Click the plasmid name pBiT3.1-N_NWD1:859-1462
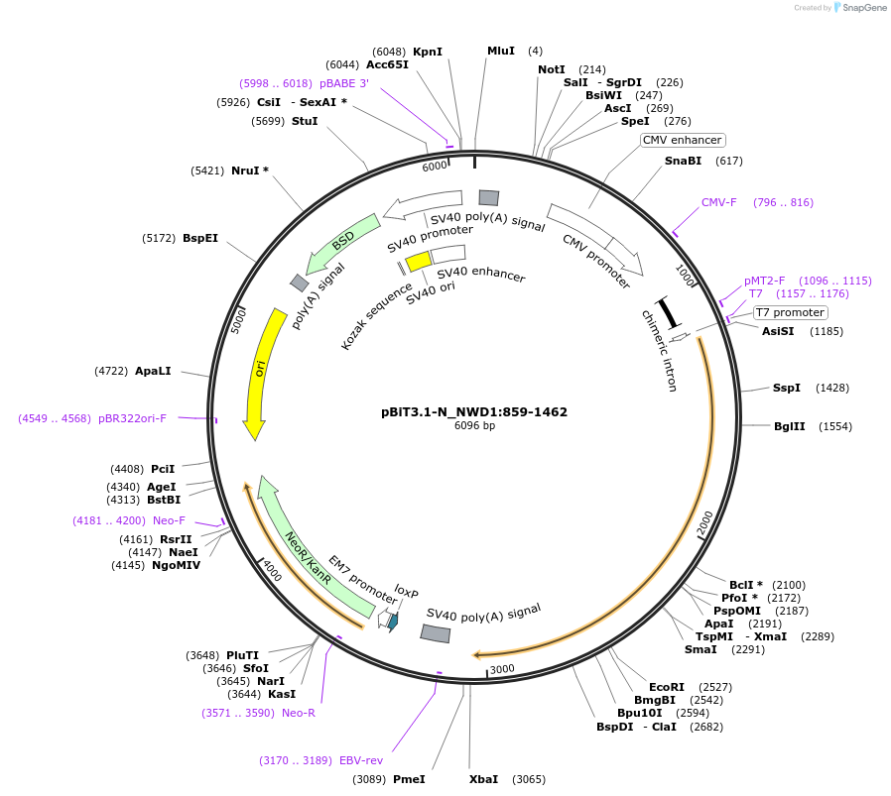(474, 411)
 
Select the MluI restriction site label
(501, 51)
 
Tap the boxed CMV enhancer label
(683, 140)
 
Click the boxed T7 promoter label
(790, 312)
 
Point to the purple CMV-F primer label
(719, 202)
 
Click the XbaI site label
(484, 779)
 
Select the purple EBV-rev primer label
(361, 760)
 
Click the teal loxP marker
(392, 622)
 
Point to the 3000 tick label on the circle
(502, 669)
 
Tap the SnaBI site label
(683, 161)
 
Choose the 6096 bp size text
(474, 426)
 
